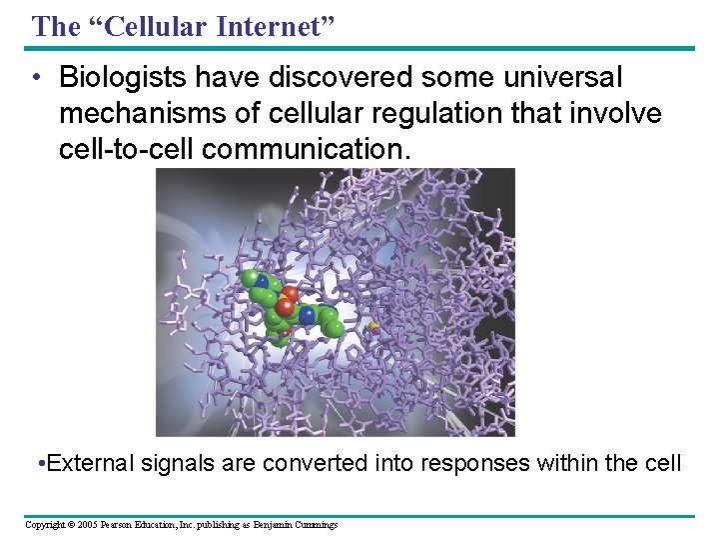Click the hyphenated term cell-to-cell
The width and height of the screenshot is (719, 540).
[x=127, y=150]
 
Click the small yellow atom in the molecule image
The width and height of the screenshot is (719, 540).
[x=374, y=326]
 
